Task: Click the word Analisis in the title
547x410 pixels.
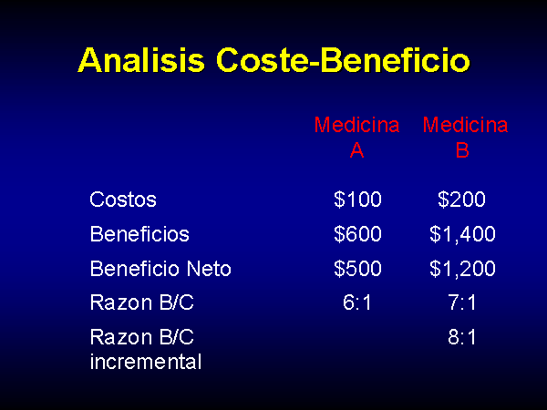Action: tap(141, 59)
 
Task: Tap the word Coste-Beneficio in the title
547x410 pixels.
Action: tap(344, 59)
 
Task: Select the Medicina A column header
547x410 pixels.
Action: tap(356, 137)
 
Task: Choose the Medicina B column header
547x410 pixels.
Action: tap(465, 137)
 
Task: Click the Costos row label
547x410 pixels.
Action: tap(123, 200)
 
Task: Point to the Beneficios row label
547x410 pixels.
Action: tap(139, 233)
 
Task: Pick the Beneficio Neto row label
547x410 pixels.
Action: tap(160, 269)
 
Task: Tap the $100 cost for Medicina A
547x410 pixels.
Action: tap(357, 200)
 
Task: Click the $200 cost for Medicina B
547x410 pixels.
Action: tap(461, 200)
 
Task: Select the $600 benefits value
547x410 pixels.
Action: tap(357, 233)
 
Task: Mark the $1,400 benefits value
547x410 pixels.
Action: tap(462, 234)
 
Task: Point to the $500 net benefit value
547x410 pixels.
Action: tap(357, 269)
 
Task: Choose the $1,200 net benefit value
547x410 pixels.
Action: tap(462, 269)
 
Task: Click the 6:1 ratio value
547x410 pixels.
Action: tap(356, 302)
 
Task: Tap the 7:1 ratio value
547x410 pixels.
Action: tap(462, 302)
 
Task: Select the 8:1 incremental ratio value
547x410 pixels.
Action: tap(462, 337)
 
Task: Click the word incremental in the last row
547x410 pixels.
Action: tap(146, 361)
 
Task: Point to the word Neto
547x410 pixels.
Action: tap(209, 269)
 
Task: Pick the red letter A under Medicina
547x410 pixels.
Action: tap(356, 150)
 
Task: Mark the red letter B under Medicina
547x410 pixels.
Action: tap(462, 150)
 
